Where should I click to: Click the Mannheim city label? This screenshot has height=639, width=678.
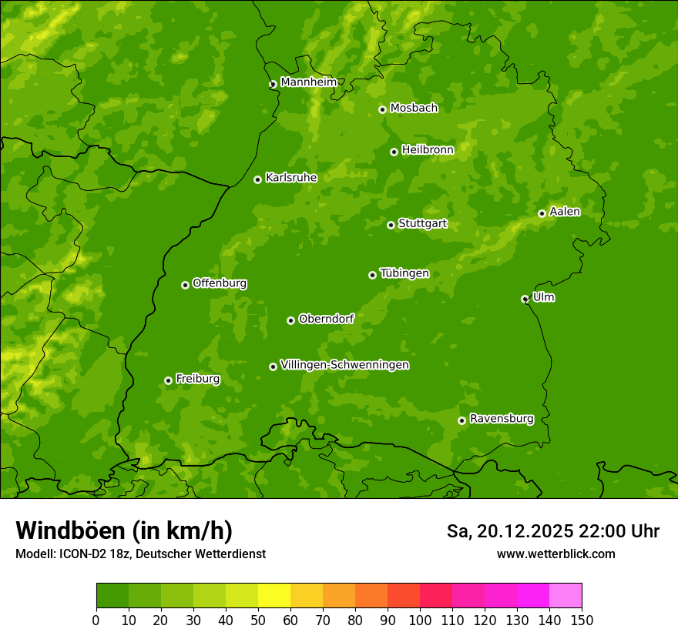click(308, 82)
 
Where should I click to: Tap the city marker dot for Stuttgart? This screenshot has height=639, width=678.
click(391, 225)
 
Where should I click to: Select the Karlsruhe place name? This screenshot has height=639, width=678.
click(290, 178)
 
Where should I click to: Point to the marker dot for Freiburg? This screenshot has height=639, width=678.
click(168, 380)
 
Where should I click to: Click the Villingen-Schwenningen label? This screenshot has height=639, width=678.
click(344, 365)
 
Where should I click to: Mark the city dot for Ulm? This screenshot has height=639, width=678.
click(525, 299)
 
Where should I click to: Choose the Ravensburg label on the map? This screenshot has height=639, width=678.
click(501, 419)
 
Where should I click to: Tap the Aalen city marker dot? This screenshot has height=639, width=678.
click(542, 213)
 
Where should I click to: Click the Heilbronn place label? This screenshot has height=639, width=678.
click(428, 150)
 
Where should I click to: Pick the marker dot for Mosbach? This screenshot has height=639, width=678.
click(382, 109)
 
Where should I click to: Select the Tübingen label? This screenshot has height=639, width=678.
click(404, 273)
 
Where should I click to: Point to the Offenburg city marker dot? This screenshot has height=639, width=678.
click(185, 285)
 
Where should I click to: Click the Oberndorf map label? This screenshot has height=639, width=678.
click(326, 319)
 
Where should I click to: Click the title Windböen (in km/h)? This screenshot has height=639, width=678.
click(123, 530)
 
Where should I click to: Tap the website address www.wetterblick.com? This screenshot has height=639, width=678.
click(555, 554)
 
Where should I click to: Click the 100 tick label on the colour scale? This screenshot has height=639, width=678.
click(420, 620)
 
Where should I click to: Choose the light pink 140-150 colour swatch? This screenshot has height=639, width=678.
click(566, 596)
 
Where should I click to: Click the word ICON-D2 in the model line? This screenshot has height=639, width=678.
click(80, 554)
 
